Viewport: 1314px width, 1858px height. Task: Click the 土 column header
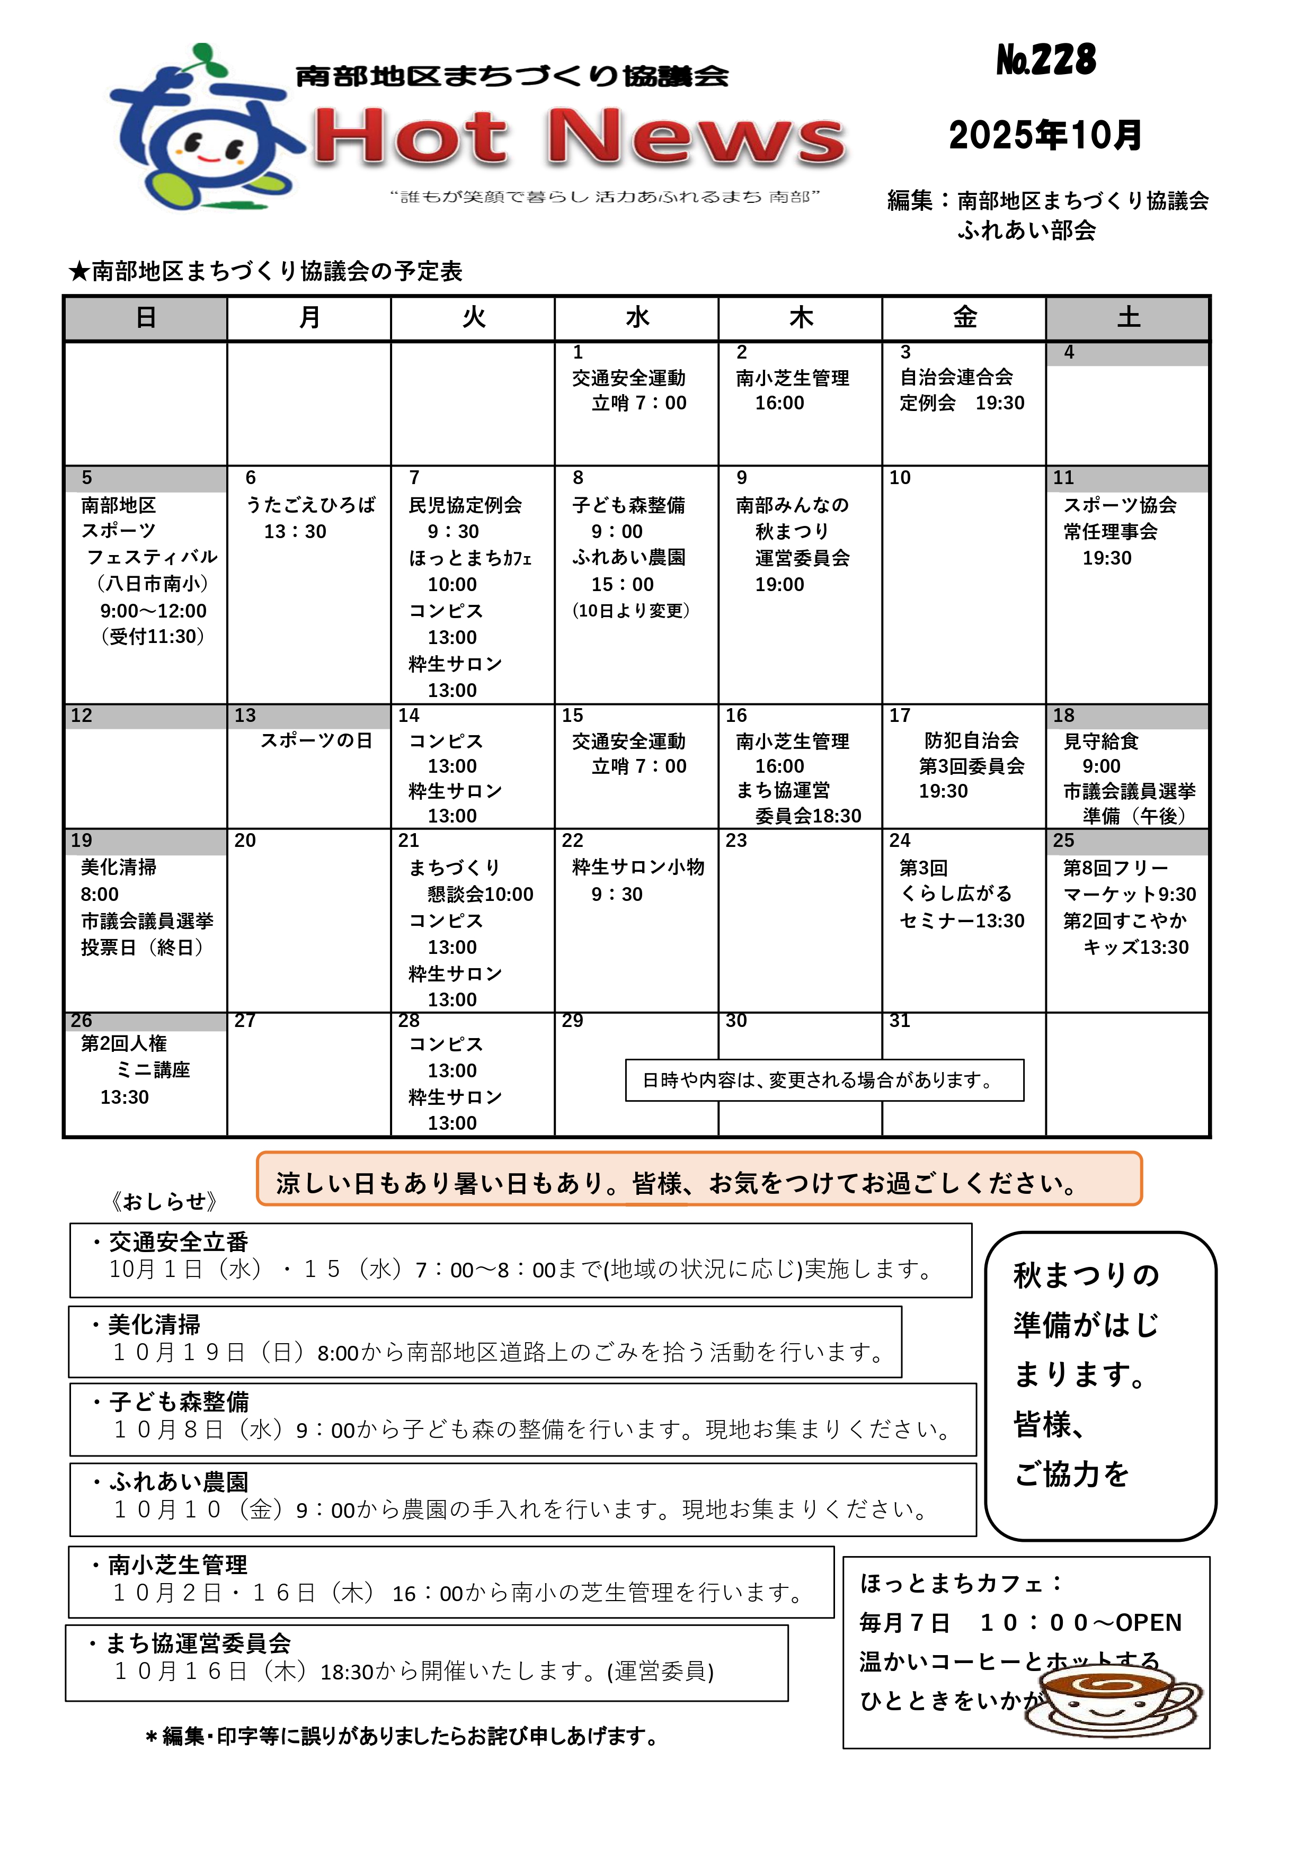point(1128,318)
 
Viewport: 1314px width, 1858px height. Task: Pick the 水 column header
point(637,318)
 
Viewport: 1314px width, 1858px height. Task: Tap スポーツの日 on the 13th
point(316,740)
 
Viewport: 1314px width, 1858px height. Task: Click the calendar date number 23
point(736,841)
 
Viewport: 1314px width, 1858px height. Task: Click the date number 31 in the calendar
point(900,1021)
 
